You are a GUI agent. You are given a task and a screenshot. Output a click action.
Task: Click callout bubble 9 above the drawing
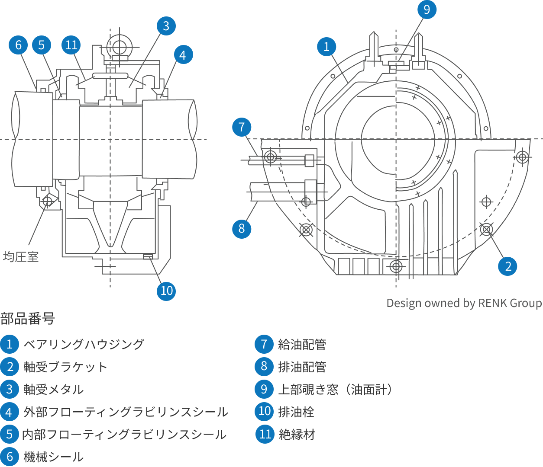427,10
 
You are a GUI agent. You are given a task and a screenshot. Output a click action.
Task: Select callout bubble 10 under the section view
166,291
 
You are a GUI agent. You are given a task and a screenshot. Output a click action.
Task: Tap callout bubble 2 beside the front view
507,266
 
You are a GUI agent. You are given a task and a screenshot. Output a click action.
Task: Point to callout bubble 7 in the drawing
242,127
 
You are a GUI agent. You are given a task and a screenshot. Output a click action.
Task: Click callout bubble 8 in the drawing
242,229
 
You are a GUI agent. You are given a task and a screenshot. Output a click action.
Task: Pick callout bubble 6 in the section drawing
18,45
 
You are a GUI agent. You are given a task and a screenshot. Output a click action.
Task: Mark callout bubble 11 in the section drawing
71,45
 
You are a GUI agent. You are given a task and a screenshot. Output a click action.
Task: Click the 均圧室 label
21,257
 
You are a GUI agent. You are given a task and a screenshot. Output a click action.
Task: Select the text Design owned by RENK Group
464,303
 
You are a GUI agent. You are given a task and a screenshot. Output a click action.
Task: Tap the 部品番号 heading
28,319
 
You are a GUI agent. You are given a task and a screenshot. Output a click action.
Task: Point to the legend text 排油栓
296,412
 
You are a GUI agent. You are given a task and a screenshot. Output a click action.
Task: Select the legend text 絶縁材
297,434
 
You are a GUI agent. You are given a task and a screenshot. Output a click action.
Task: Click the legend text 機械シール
53,457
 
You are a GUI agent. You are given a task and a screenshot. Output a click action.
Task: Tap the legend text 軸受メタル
53,389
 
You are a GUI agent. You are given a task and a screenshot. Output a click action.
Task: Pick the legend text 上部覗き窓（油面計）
336,389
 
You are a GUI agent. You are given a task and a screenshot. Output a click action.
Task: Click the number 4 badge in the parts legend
10,412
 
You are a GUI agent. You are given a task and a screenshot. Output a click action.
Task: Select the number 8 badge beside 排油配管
264,367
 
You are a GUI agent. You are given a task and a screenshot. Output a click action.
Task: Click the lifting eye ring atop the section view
120,47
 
